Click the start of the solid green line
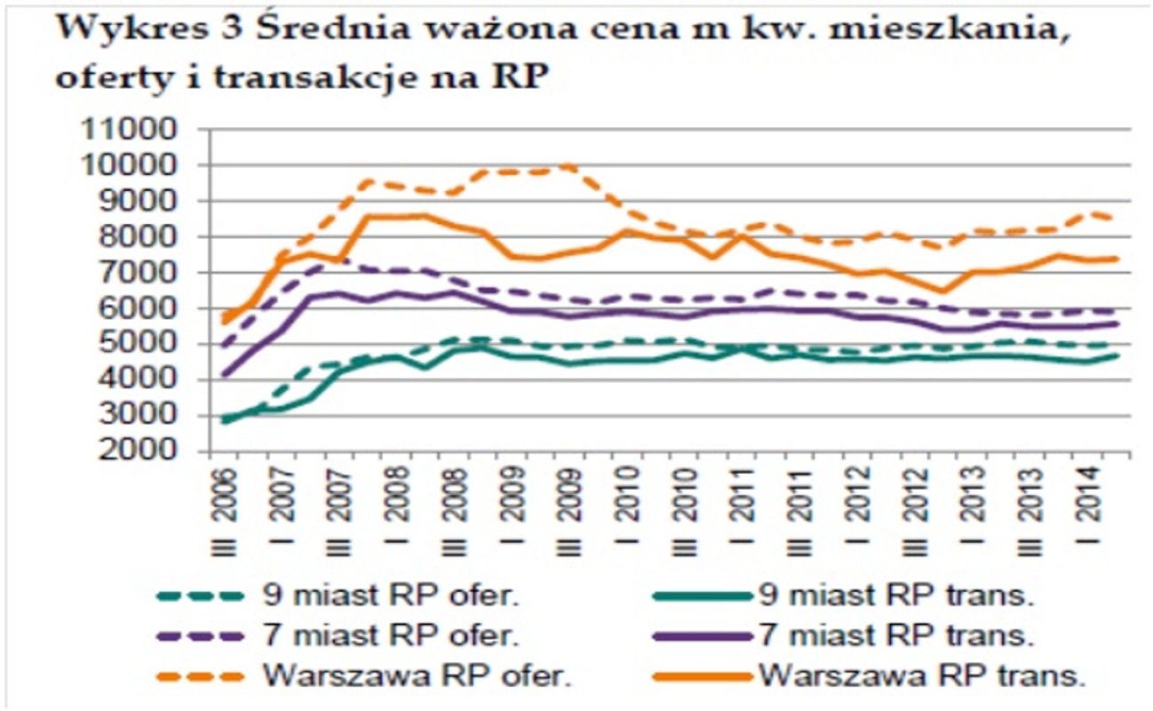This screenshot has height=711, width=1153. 224,420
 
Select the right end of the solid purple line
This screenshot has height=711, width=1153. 1117,324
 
